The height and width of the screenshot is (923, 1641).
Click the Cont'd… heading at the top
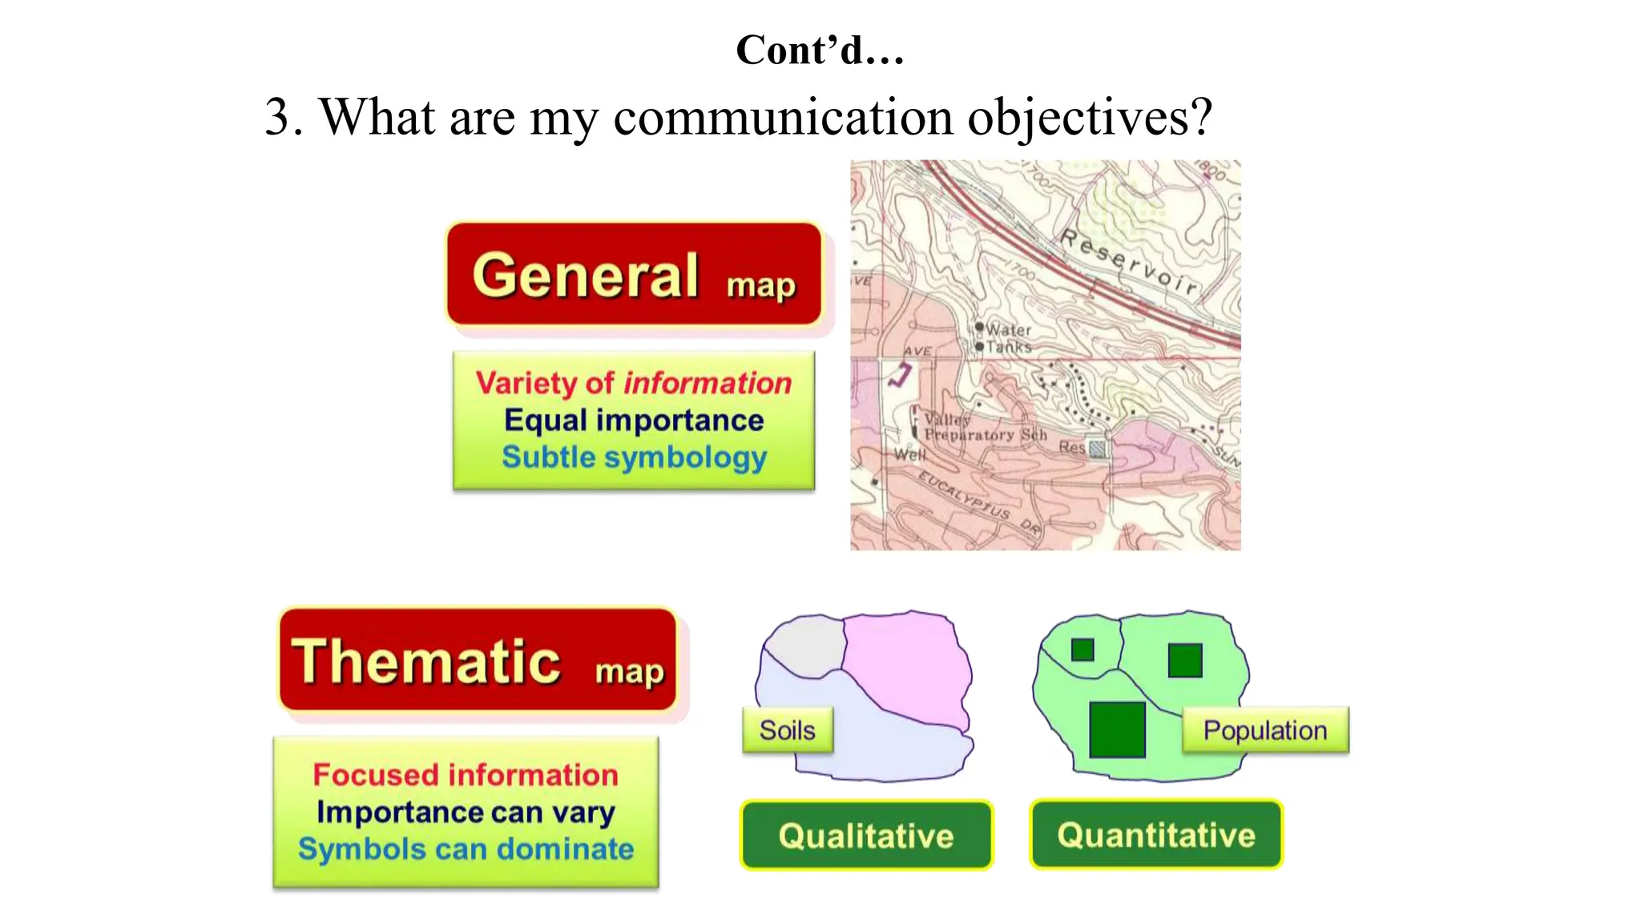pos(820,50)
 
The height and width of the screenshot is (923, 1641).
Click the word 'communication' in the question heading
pos(783,118)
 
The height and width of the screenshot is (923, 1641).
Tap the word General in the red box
pos(586,276)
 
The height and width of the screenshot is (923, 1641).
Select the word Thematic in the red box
pos(425,662)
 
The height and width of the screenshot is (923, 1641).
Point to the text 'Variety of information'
pos(633,383)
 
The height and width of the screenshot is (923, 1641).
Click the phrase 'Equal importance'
pos(633,420)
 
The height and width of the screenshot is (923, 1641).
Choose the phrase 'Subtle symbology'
pos(633,457)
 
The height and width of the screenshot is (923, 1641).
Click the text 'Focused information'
pos(466,775)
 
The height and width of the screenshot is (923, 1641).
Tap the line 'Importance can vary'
pos(466,812)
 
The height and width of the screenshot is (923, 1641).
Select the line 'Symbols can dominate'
pos(466,848)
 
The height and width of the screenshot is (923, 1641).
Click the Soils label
pos(787,730)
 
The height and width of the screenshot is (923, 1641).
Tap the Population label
pos(1264,730)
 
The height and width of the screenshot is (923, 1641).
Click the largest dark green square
pos(1117,729)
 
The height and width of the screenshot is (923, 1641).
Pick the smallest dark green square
pos(1083,649)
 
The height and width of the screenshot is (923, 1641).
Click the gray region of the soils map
pos(805,645)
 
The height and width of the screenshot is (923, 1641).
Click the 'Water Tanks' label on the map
pos(1007,338)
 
